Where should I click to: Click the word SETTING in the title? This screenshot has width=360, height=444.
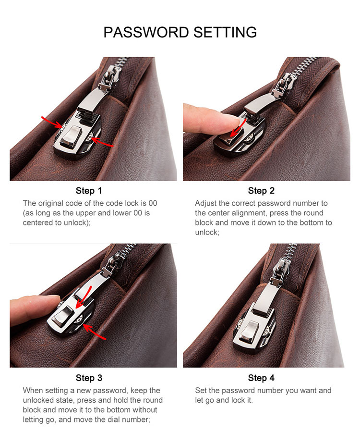(225, 32)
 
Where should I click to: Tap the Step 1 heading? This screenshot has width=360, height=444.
(88, 191)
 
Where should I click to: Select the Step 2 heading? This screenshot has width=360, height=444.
(261, 191)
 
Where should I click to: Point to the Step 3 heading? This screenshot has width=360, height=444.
(89, 378)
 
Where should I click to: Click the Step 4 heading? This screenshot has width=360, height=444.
(261, 378)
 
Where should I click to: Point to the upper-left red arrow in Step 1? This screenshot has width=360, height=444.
(52, 122)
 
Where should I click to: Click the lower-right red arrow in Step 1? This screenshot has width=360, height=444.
(102, 142)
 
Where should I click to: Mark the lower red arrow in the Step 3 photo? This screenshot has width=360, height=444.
(95, 332)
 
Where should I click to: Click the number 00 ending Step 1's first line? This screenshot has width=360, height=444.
(153, 203)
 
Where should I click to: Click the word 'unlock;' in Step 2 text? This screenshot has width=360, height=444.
(207, 233)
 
